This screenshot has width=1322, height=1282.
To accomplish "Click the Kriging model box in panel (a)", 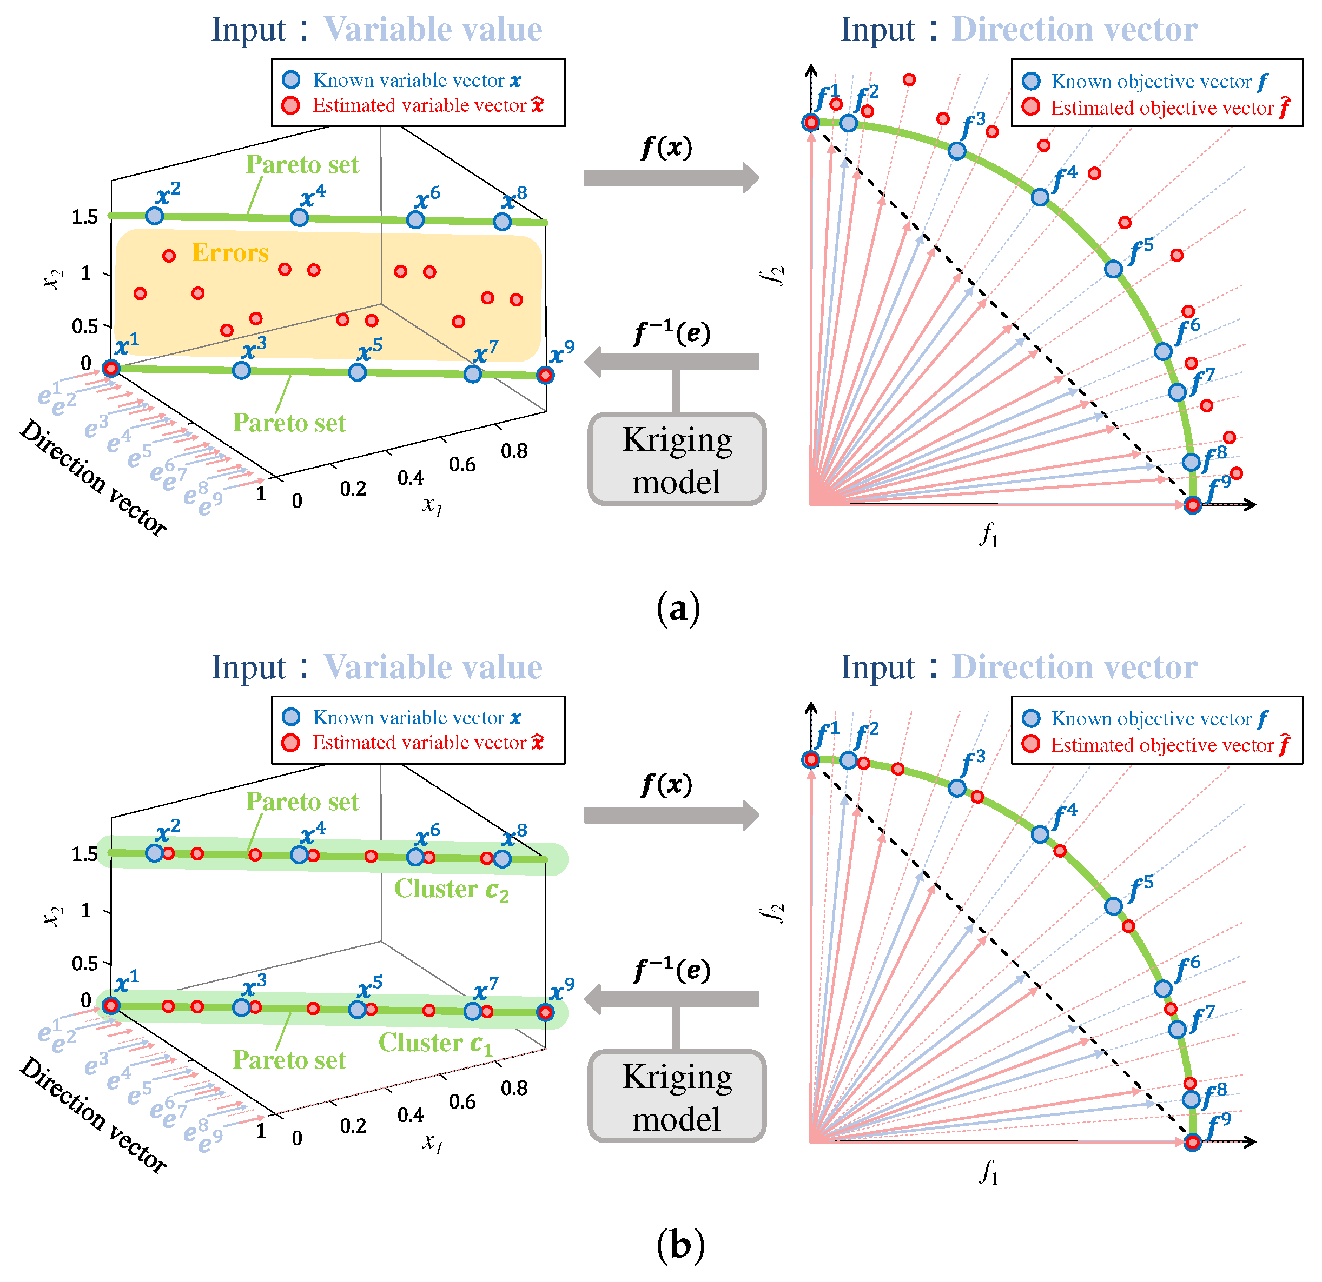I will pyautogui.click(x=677, y=460).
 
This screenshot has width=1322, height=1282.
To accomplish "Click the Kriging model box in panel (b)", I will pyautogui.click(x=677, y=1097).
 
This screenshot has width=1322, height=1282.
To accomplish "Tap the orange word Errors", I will pyautogui.click(x=230, y=253).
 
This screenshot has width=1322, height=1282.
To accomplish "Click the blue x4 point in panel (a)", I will pyautogui.click(x=299, y=218).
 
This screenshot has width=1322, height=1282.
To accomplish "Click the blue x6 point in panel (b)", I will pyautogui.click(x=415, y=857).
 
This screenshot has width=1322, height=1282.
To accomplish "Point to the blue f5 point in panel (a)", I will pyautogui.click(x=1114, y=269).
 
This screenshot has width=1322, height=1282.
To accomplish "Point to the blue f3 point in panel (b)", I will pyautogui.click(x=957, y=788).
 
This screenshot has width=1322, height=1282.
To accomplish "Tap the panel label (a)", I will pyautogui.click(x=678, y=609).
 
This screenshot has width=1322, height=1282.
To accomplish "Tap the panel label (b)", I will pyautogui.click(x=680, y=1246).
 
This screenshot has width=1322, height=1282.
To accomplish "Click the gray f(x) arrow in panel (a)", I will pyautogui.click(x=671, y=178).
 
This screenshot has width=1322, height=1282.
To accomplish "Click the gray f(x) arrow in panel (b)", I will pyautogui.click(x=671, y=816).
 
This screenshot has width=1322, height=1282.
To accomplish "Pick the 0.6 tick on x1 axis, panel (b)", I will pyautogui.click(x=462, y=1101).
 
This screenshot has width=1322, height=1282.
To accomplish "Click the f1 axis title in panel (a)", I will pyautogui.click(x=989, y=536).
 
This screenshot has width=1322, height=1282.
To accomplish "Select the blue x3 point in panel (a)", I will pyautogui.click(x=241, y=370).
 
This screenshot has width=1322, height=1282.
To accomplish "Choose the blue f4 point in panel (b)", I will pyautogui.click(x=1040, y=834).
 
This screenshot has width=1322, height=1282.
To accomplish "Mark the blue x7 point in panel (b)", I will pyautogui.click(x=473, y=1011).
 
